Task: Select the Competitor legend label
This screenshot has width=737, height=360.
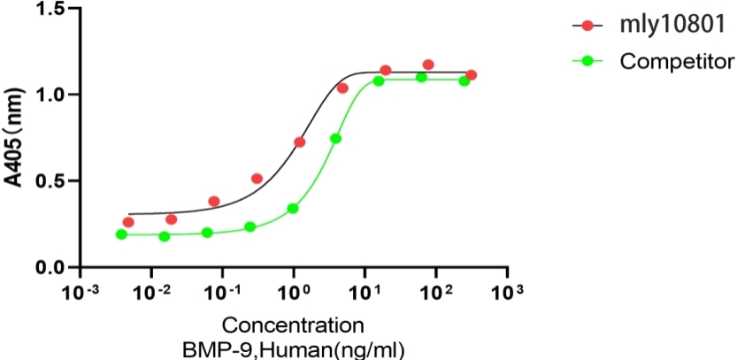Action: click(676, 61)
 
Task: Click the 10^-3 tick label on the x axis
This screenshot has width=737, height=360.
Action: click(79, 291)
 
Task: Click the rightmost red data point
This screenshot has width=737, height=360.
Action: click(472, 75)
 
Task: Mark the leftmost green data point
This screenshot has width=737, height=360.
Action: click(121, 234)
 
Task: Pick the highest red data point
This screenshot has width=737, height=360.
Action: click(428, 65)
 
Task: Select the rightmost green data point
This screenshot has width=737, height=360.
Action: click(464, 80)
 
